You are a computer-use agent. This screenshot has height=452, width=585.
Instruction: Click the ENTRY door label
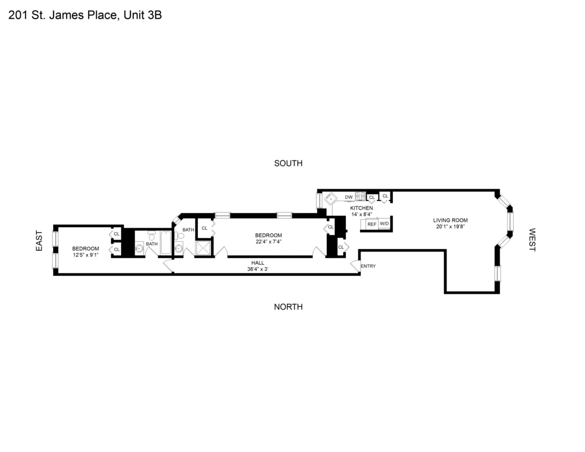(368, 266)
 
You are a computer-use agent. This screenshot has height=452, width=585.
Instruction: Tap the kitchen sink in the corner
(330, 199)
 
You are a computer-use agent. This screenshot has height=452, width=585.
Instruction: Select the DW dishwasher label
(349, 197)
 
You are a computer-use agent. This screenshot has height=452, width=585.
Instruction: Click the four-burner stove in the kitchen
(360, 197)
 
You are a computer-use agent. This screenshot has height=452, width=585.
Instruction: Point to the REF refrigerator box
(371, 224)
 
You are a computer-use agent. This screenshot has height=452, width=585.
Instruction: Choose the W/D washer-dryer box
(384, 224)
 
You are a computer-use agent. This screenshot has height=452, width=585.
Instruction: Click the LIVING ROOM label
(450, 220)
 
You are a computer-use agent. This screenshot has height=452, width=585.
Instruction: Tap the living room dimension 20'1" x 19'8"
(450, 227)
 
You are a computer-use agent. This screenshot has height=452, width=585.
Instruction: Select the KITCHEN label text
(362, 208)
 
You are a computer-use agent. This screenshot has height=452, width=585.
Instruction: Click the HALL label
(258, 263)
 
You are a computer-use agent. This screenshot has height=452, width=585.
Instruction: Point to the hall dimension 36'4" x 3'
(258, 269)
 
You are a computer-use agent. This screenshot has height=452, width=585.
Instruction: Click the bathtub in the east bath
(166, 244)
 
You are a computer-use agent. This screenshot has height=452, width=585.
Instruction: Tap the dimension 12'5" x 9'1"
(85, 255)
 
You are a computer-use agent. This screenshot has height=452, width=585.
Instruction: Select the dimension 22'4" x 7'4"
(268, 242)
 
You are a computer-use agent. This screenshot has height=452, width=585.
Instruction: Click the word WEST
(532, 240)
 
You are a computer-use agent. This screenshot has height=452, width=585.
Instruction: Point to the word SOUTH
(288, 163)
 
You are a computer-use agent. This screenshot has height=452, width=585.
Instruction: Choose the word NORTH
(288, 307)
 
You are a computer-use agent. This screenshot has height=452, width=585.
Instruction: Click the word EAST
(39, 240)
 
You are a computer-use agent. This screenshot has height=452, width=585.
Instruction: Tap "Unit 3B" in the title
(141, 15)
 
